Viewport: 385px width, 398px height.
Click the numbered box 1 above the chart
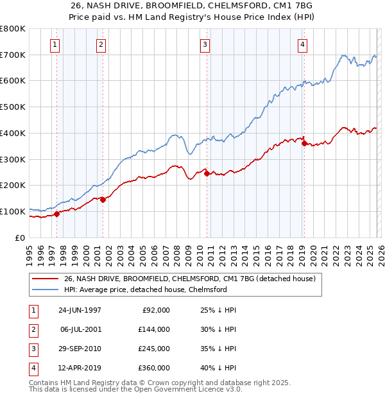tap(55, 44)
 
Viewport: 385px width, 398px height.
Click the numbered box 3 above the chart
tap(205, 44)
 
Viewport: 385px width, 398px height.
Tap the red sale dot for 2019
tap(304, 143)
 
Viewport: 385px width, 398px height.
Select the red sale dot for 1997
tap(57, 214)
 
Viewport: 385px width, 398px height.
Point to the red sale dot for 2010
tap(207, 173)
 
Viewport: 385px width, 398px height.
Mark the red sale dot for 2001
tap(103, 200)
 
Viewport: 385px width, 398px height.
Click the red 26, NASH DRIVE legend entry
tap(189, 279)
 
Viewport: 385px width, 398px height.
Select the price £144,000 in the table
tap(153, 329)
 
